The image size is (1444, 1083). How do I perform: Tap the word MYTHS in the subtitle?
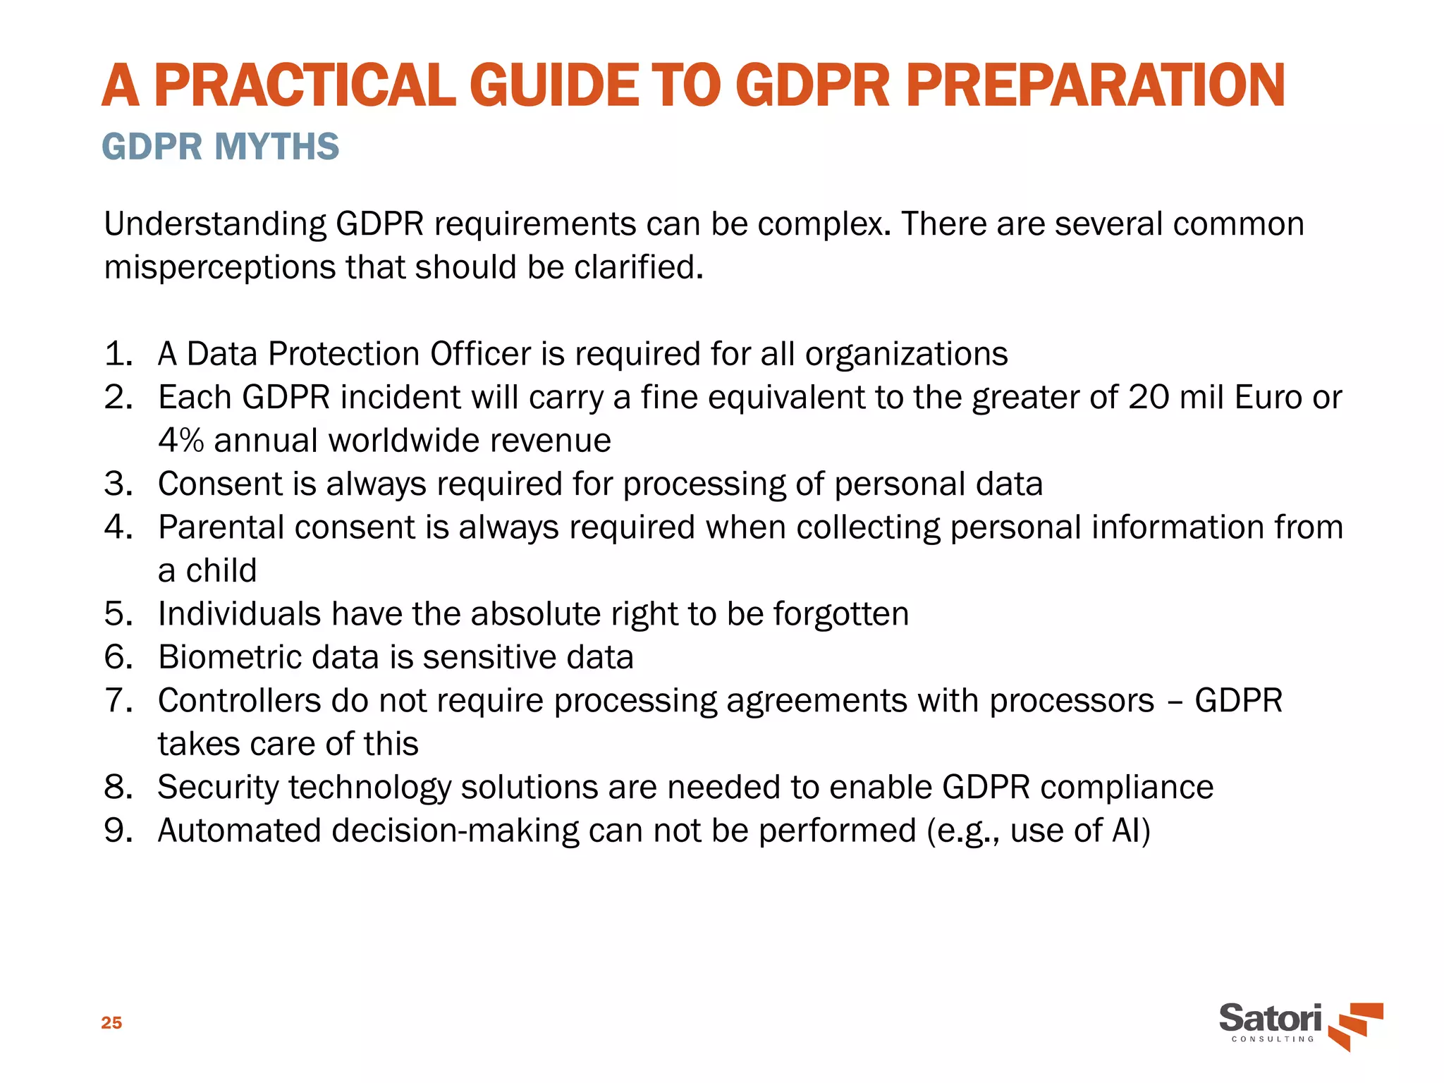click(276, 147)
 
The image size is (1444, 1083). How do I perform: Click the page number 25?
click(111, 1023)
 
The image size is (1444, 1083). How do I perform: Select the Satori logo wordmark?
click(1270, 1019)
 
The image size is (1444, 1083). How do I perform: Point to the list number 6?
click(118, 657)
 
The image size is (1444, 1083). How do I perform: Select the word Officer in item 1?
click(480, 354)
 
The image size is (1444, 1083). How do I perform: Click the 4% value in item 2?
click(180, 441)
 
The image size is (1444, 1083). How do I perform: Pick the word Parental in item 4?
click(221, 527)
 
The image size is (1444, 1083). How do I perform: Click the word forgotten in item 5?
click(840, 614)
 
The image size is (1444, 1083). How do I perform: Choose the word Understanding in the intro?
click(214, 224)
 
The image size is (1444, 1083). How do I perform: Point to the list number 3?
click(118, 484)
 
